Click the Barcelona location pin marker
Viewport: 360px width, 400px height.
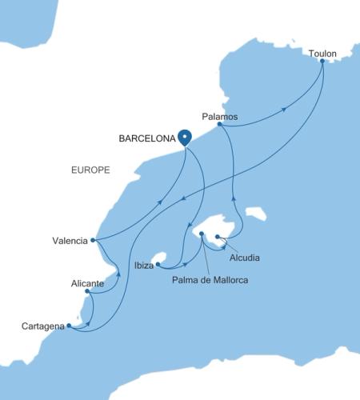(185, 137)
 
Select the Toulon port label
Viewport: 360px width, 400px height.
(323, 54)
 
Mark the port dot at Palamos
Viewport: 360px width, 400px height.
(219, 125)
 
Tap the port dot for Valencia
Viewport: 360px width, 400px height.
(94, 239)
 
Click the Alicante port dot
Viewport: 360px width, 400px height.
(86, 291)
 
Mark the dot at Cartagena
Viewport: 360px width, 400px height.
(70, 326)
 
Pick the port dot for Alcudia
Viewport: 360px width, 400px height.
(218, 236)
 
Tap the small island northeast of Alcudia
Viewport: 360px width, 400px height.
(257, 214)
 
